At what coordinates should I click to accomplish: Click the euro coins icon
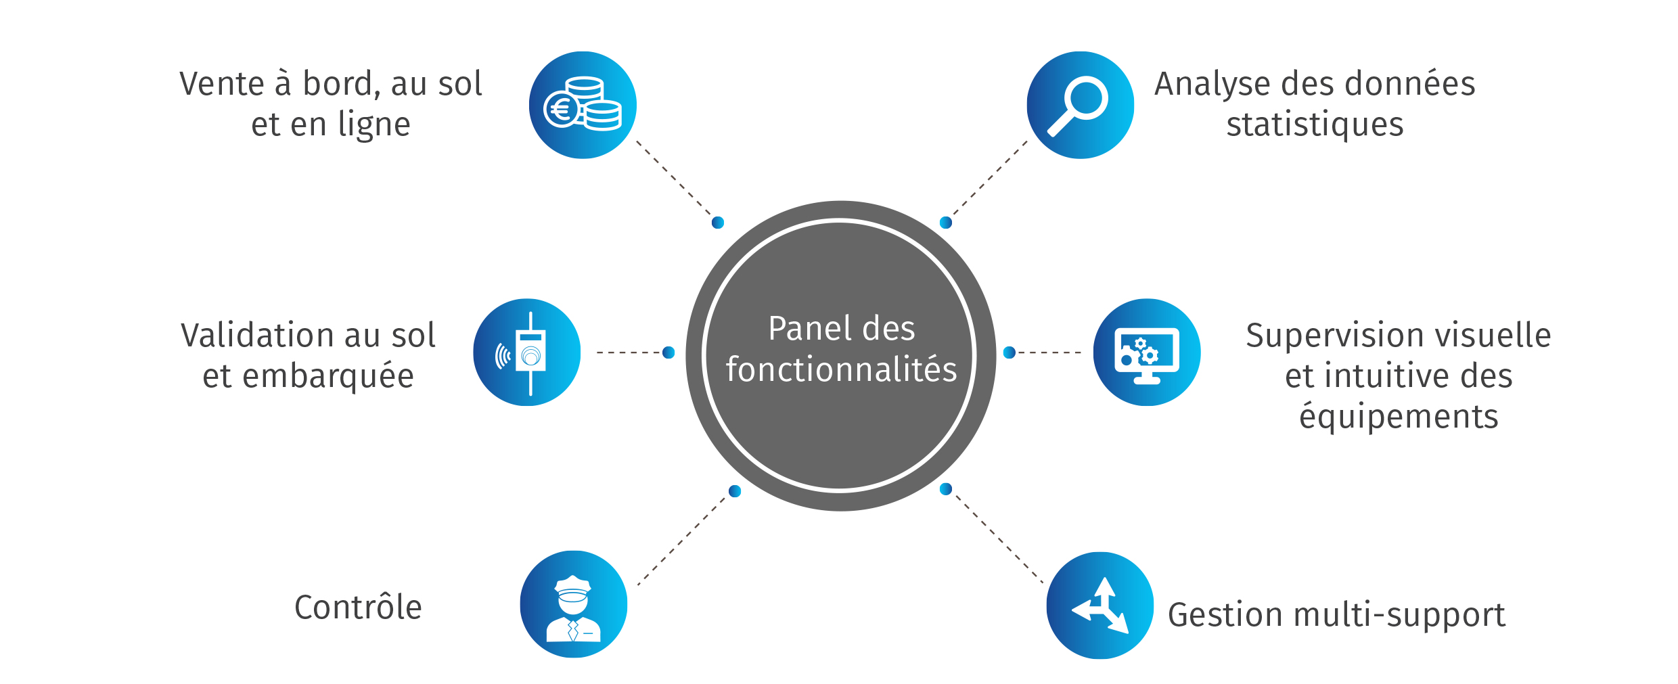(583, 105)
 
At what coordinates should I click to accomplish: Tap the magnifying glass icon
(1080, 105)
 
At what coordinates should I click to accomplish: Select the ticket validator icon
(527, 352)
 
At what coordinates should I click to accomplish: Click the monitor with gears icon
(1147, 352)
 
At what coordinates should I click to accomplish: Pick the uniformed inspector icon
(573, 605)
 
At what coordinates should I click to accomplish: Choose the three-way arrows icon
(1100, 606)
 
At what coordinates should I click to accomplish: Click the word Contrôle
(358, 607)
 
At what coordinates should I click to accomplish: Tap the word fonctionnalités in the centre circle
(841, 369)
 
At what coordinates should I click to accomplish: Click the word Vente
(221, 84)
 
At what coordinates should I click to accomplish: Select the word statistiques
(1315, 124)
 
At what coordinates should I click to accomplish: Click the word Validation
(261, 336)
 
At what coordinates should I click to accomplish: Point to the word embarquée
(327, 376)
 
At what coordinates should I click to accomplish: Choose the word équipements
(1399, 417)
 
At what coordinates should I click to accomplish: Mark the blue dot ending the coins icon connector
(718, 223)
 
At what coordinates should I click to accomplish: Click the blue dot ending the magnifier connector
(946, 223)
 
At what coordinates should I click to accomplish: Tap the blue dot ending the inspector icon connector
(735, 491)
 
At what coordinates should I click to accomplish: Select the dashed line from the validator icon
(629, 352)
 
